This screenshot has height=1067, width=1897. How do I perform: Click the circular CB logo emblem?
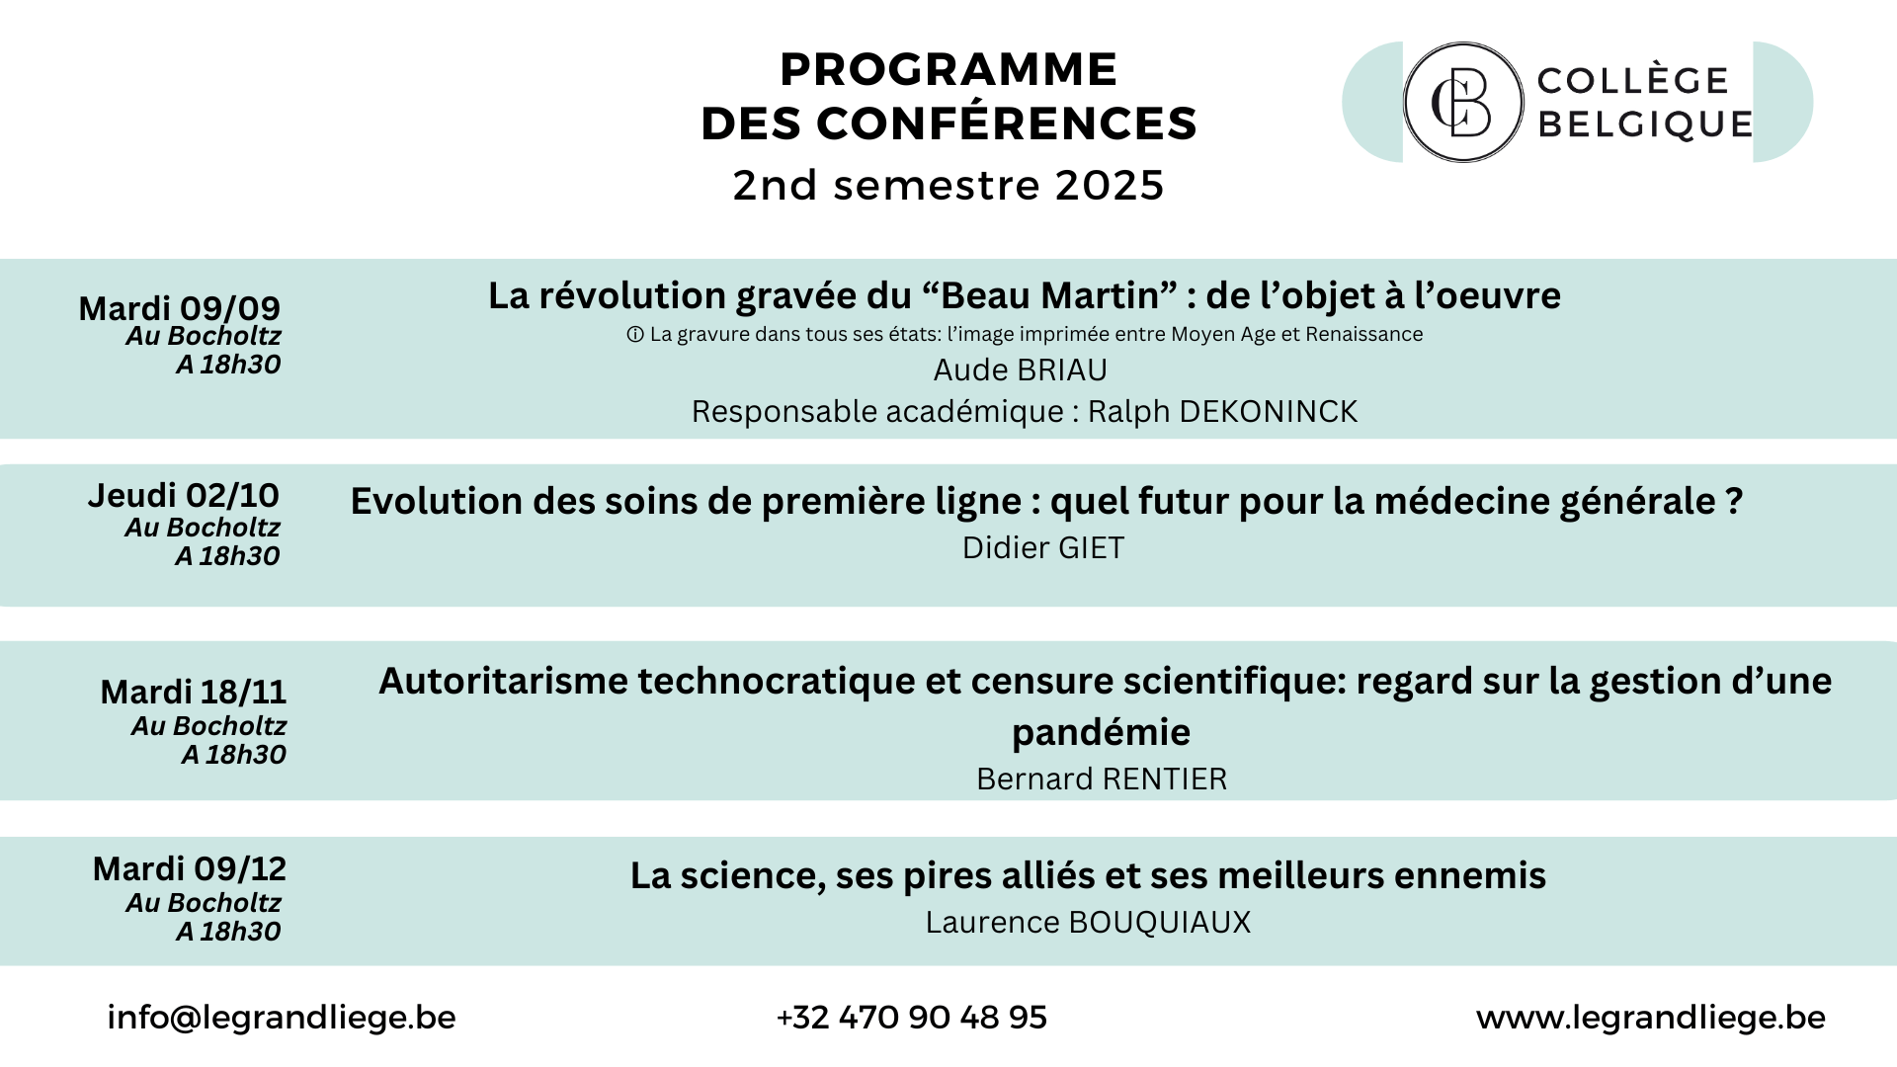[x=1463, y=102]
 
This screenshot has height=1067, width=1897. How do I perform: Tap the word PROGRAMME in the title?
[x=948, y=69]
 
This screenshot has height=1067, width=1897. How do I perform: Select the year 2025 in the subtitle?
[x=1110, y=185]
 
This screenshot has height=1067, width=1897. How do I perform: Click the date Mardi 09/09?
[x=180, y=307]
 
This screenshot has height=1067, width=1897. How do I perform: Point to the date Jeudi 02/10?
[x=183, y=495]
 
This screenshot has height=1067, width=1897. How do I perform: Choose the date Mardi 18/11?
[x=193, y=692]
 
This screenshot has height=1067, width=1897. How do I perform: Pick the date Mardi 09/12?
[x=190, y=868]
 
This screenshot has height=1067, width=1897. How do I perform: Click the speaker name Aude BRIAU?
[x=1021, y=369]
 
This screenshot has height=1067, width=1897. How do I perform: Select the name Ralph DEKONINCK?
[x=1223, y=411]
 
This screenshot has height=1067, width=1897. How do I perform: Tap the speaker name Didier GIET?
[x=1043, y=547]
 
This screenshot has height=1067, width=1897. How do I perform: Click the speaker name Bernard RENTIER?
[x=1102, y=779]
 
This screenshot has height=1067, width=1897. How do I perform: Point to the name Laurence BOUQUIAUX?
[x=1088, y=922]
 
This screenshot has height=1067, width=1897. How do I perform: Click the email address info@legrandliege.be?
[x=282, y=1018]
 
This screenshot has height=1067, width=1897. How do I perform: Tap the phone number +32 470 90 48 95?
[x=912, y=1018]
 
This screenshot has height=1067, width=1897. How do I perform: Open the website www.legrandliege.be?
[x=1651, y=1018]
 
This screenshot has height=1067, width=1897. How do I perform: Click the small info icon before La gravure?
[x=635, y=335]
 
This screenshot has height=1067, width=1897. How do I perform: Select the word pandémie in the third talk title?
[x=1101, y=732]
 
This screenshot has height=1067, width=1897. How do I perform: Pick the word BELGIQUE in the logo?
[x=1646, y=124]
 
